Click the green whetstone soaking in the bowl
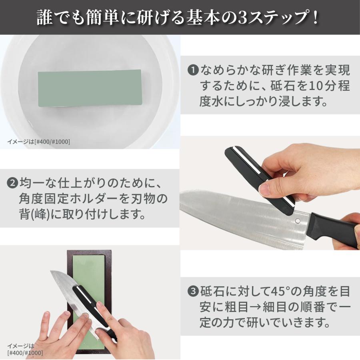pos(90,88)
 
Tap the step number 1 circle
pos(193,70)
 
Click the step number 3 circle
pos(193,291)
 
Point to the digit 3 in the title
pos(243,18)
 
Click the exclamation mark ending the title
pos(316,18)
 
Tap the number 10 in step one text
pos(316,86)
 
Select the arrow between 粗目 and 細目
pos(255,307)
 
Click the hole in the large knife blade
pos(298,221)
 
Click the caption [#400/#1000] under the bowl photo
pos(52,142)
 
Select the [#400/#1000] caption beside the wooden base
pos(25,352)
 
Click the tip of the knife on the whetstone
pos(51,272)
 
